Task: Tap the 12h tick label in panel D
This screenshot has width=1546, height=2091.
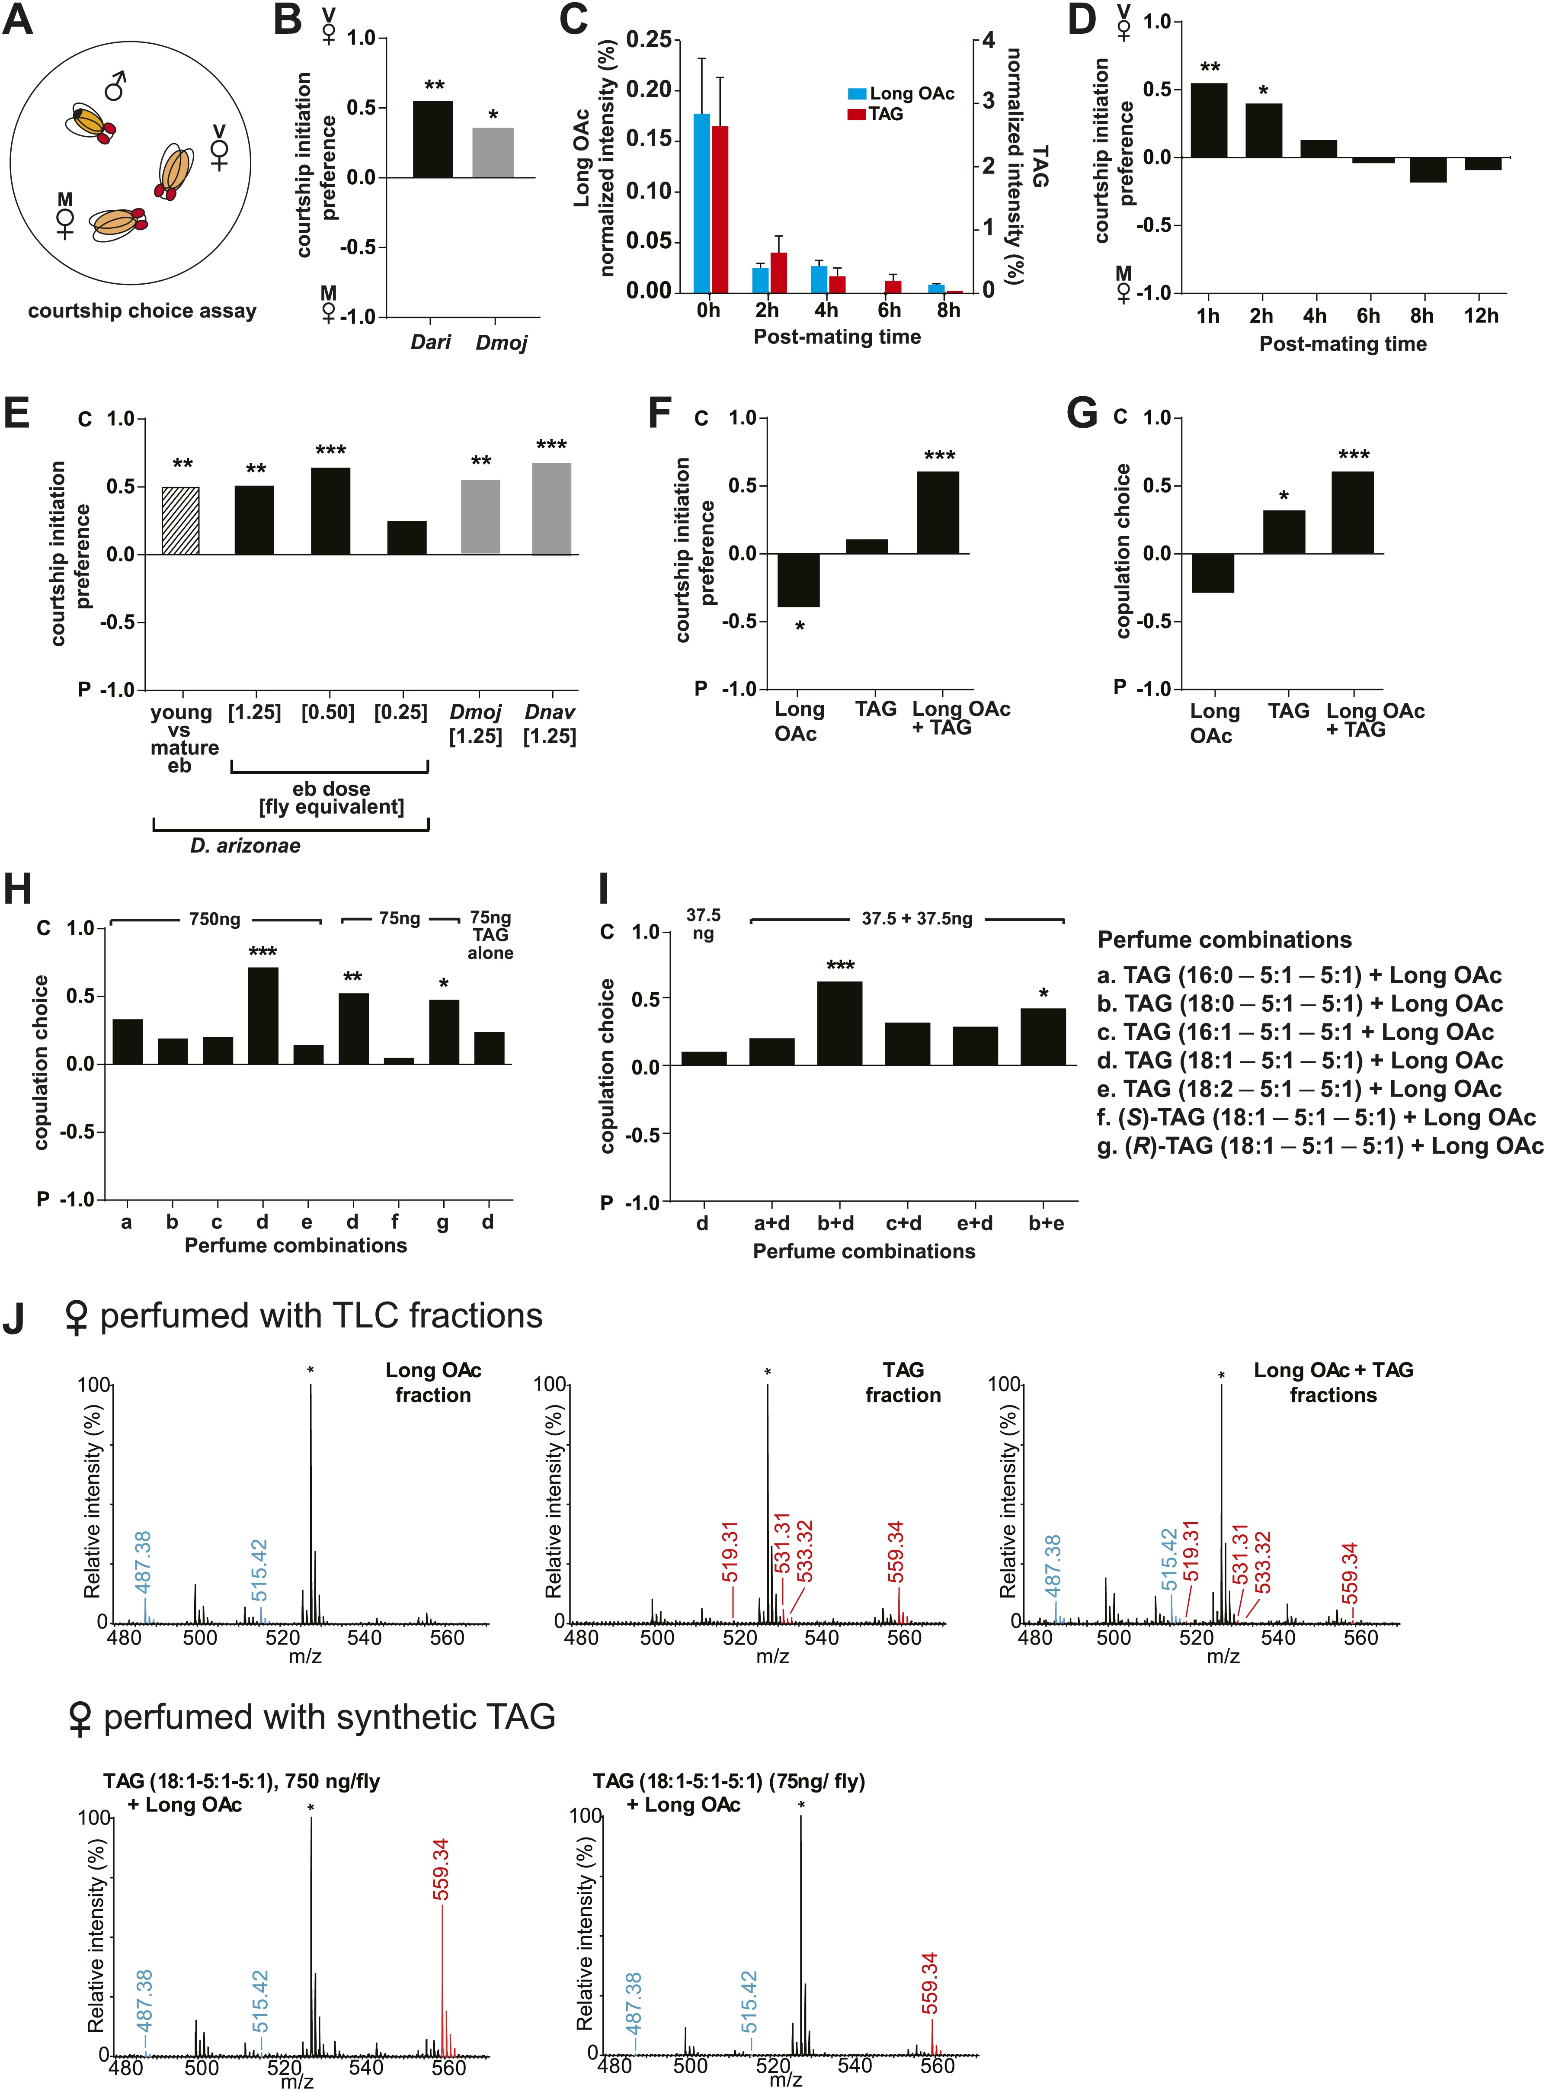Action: tap(1481, 316)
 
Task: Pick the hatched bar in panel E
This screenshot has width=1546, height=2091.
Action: tap(181, 520)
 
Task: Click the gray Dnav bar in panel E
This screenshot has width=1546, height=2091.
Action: tap(551, 509)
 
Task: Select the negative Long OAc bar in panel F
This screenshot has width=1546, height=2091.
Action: tap(798, 580)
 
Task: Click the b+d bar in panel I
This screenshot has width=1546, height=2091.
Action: tap(839, 1023)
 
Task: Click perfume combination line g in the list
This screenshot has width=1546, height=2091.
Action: tap(1319, 1147)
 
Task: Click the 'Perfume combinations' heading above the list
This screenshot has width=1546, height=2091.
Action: tap(1224, 940)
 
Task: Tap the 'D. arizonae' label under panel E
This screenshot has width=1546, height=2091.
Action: tap(245, 846)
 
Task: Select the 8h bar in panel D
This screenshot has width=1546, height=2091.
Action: tap(1428, 170)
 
